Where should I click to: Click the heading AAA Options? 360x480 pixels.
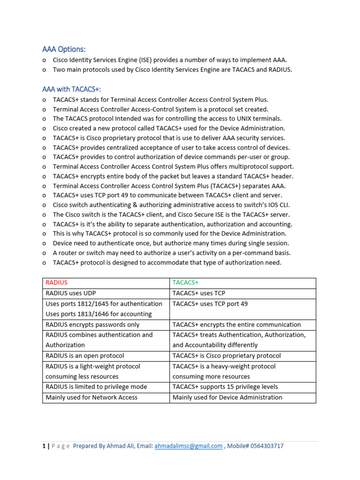click(x=64, y=49)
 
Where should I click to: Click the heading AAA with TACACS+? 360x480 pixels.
click(x=71, y=89)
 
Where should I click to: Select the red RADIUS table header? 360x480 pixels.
click(x=57, y=283)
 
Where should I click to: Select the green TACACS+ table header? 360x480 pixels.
click(x=186, y=283)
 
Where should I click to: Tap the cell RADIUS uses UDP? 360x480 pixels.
click(x=70, y=293)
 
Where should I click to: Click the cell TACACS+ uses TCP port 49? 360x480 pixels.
click(x=210, y=304)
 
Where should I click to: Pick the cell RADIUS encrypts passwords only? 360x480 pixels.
click(x=92, y=324)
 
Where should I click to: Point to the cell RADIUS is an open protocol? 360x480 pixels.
click(x=85, y=356)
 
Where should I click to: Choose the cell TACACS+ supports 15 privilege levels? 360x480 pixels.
click(x=225, y=387)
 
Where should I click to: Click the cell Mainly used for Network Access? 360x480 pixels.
click(x=91, y=397)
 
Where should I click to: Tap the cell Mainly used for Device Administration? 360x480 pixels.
click(x=227, y=397)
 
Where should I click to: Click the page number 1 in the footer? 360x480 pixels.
click(x=44, y=446)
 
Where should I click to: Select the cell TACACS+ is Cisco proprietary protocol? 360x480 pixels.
click(x=226, y=356)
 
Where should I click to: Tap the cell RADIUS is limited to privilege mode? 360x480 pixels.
click(x=96, y=387)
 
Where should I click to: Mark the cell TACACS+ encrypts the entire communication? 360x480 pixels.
click(x=236, y=324)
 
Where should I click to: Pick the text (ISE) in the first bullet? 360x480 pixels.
click(x=145, y=60)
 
